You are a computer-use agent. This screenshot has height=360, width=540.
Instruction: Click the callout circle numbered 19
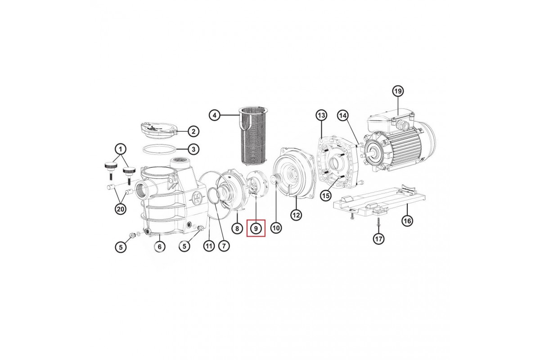click(398, 91)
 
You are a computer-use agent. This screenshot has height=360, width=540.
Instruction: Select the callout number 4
click(215, 116)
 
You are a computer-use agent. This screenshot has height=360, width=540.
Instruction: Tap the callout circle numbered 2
click(193, 131)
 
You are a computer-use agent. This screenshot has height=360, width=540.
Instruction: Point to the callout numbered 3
click(193, 149)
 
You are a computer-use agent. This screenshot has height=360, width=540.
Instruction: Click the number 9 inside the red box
click(256, 228)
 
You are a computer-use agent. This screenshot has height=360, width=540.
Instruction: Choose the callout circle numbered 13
click(322, 115)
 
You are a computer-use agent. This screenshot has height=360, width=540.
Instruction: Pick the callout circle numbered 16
click(407, 220)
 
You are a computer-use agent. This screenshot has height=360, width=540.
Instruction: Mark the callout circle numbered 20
click(120, 209)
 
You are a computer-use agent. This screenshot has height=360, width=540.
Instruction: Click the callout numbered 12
click(296, 215)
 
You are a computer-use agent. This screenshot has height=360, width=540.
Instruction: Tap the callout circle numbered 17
click(379, 238)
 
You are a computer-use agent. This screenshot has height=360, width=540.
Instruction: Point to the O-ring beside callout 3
click(159, 149)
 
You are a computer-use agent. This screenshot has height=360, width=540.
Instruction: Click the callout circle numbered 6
click(160, 247)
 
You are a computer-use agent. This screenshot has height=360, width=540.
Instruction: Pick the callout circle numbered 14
click(343, 116)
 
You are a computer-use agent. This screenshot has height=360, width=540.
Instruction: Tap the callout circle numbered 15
click(326, 195)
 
